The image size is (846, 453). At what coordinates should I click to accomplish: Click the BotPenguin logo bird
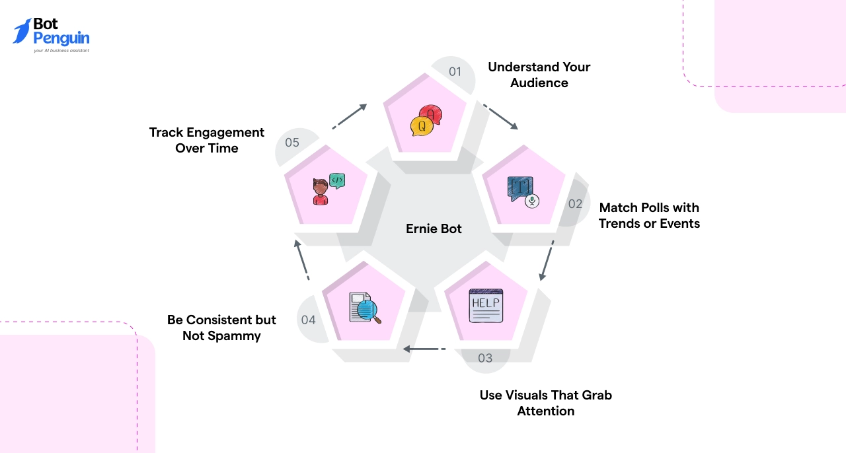tap(22, 31)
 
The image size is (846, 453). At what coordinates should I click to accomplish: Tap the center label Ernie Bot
tap(434, 229)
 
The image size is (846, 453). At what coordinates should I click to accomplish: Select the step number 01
tap(455, 71)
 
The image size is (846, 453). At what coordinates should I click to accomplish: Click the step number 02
tap(575, 203)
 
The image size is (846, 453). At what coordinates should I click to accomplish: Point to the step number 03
tap(485, 358)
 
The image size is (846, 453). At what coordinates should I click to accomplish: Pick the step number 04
tap(308, 320)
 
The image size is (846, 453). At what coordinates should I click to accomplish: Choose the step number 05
tap(292, 142)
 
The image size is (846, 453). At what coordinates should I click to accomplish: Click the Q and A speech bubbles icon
tap(426, 120)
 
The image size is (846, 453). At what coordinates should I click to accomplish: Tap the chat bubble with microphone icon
tap(523, 192)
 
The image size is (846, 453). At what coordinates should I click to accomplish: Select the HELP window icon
tap(486, 305)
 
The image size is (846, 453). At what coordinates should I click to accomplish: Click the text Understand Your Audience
tap(539, 75)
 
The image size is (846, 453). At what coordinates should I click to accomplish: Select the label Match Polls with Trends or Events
tap(649, 215)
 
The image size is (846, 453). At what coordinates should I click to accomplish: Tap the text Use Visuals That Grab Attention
tap(546, 403)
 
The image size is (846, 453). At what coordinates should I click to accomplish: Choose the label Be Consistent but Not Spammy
tap(221, 328)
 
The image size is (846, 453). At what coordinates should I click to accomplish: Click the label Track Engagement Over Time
tap(207, 140)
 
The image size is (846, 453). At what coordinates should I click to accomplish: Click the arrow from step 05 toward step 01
tap(350, 116)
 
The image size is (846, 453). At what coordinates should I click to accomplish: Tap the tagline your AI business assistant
tap(61, 50)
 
